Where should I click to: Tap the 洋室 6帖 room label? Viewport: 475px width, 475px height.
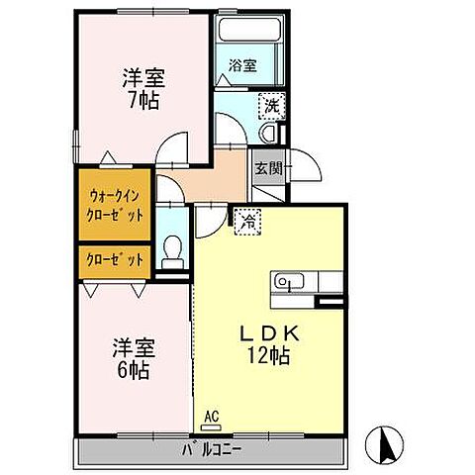(130, 358)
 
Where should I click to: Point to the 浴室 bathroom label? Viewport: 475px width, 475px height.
(242, 65)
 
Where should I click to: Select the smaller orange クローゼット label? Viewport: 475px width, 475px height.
(116, 259)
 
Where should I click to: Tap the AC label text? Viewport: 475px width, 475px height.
(210, 416)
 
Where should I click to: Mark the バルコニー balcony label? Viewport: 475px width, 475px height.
(211, 450)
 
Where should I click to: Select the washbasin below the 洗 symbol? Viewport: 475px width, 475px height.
(268, 134)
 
